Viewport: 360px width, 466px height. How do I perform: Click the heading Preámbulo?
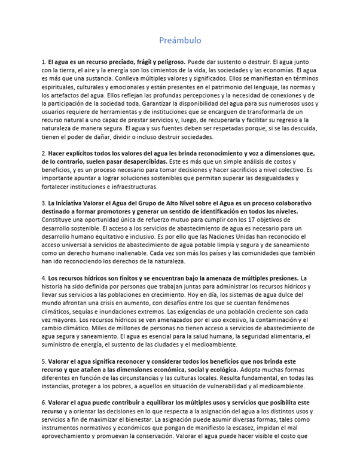click(180, 40)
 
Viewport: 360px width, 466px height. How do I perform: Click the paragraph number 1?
click(43, 62)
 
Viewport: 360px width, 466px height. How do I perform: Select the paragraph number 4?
click(43, 278)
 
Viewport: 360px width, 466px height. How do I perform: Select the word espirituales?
click(57, 87)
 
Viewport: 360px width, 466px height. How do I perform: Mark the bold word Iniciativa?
click(70, 203)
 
